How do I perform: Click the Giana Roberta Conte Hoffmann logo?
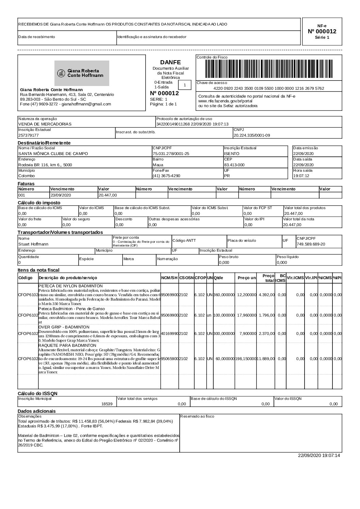pos(82,73)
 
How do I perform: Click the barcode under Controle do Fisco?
pos(269,70)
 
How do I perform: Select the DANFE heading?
pos(170,62)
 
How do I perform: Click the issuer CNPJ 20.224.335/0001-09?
pos(252,135)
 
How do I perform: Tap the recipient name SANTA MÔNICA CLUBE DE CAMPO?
pos(53,154)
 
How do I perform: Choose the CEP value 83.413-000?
pos(234,165)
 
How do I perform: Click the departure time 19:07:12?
pos(301,176)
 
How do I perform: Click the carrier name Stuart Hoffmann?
pos(33,244)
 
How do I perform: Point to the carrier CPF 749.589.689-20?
pos(311,244)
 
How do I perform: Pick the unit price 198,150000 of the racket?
pos(246,358)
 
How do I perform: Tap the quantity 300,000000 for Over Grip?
pos(224,333)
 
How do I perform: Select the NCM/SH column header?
pos(169,278)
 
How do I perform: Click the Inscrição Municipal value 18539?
pos(107,404)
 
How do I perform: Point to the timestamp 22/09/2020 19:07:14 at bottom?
pos(319,455)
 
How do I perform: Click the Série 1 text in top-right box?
pos(322,38)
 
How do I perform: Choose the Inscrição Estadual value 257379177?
pos(29,135)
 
